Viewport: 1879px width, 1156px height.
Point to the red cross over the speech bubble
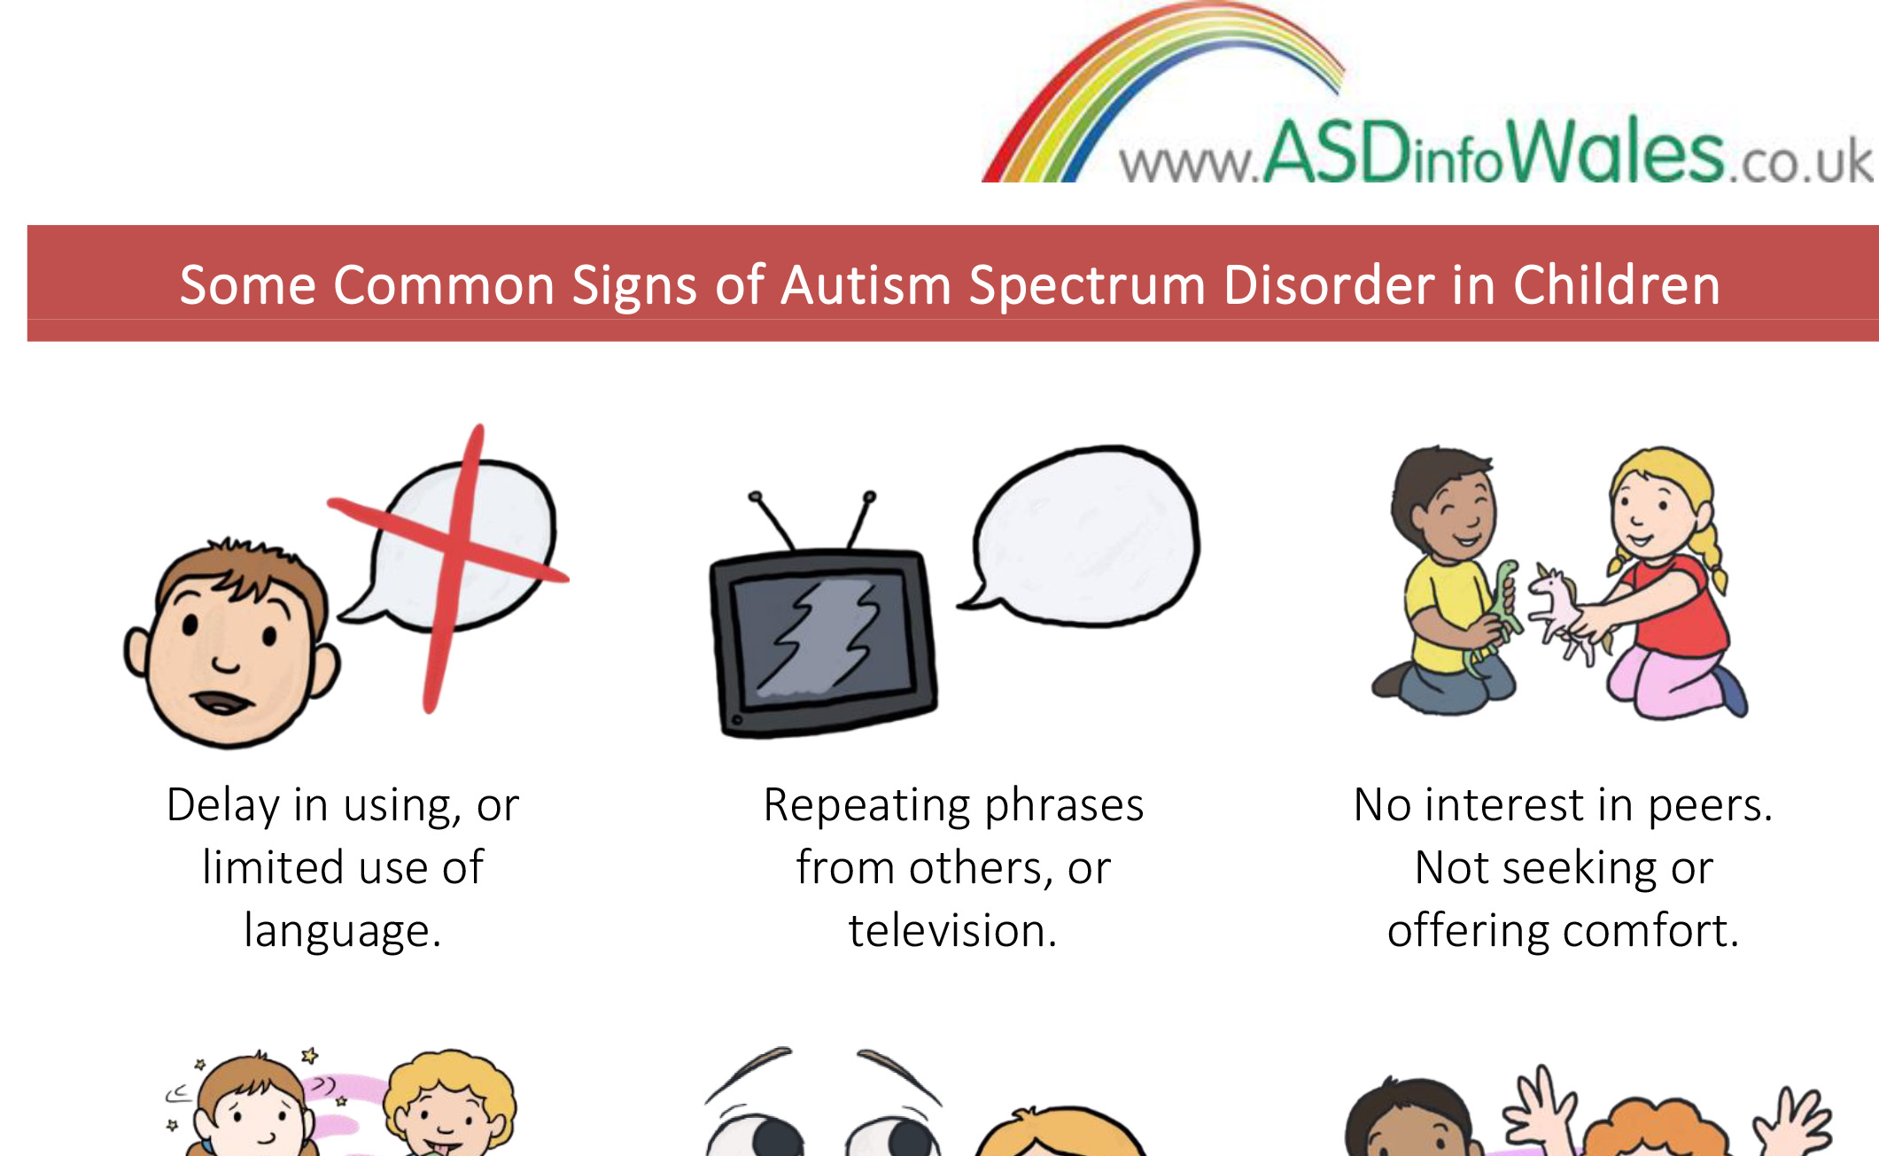[449, 567]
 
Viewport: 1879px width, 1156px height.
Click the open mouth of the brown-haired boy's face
[223, 702]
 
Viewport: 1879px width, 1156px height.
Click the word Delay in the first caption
[223, 805]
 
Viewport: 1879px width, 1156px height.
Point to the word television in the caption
[952, 930]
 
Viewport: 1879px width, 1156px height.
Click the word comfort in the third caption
[1651, 930]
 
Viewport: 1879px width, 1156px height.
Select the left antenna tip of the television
[755, 496]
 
